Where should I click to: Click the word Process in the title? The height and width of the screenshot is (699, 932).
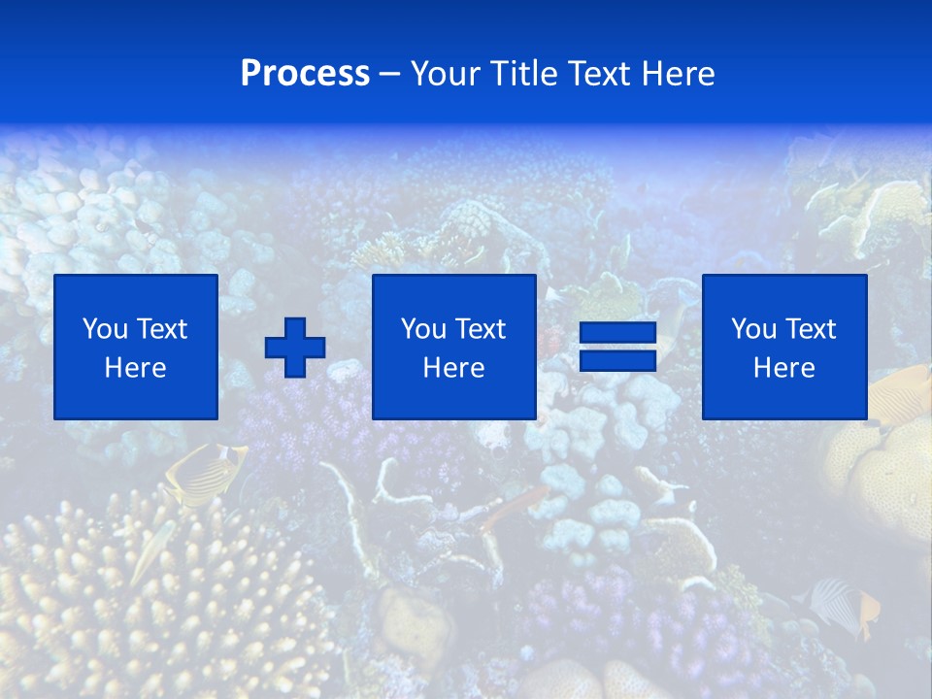[305, 74]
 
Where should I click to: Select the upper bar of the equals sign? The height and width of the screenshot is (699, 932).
[617, 334]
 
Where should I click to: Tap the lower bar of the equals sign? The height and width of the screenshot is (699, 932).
[617, 361]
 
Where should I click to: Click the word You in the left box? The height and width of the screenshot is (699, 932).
[105, 329]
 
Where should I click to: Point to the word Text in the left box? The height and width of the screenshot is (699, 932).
[160, 329]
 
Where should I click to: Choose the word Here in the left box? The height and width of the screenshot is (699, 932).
[135, 368]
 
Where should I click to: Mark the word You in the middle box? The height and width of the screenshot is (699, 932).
[423, 329]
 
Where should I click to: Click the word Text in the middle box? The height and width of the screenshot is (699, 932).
[479, 329]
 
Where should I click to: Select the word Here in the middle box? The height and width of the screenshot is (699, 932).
[453, 368]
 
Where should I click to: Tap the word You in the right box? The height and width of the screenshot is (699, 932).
[753, 329]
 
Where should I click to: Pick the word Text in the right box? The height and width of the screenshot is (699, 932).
[809, 329]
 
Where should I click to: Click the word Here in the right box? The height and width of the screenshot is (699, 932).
[783, 368]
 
